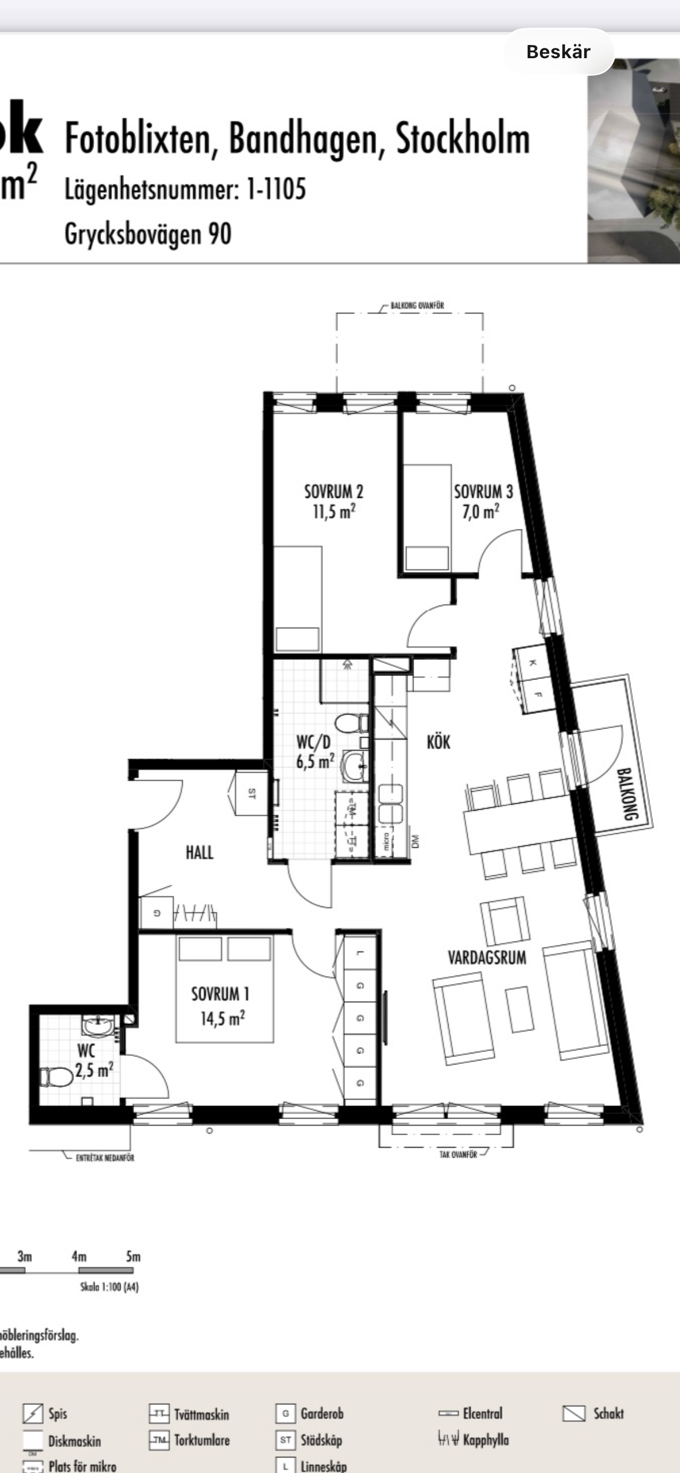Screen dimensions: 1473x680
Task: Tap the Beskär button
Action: [x=558, y=52]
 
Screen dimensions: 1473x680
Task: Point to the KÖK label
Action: [x=438, y=742]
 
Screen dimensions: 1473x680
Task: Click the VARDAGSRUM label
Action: [x=487, y=958]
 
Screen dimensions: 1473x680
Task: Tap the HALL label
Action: [x=199, y=852]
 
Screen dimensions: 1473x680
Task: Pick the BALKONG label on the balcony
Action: [x=627, y=794]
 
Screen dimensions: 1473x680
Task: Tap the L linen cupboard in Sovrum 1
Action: [x=360, y=953]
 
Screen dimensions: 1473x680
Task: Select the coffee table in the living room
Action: [x=520, y=1009]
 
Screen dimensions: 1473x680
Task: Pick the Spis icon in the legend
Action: [x=33, y=1413]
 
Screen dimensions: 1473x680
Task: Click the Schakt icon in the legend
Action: [x=573, y=1413]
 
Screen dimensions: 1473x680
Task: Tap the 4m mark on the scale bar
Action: [x=79, y=1256]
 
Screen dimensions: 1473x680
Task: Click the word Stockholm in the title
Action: [x=462, y=139]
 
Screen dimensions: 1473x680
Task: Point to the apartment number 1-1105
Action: [x=276, y=188]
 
